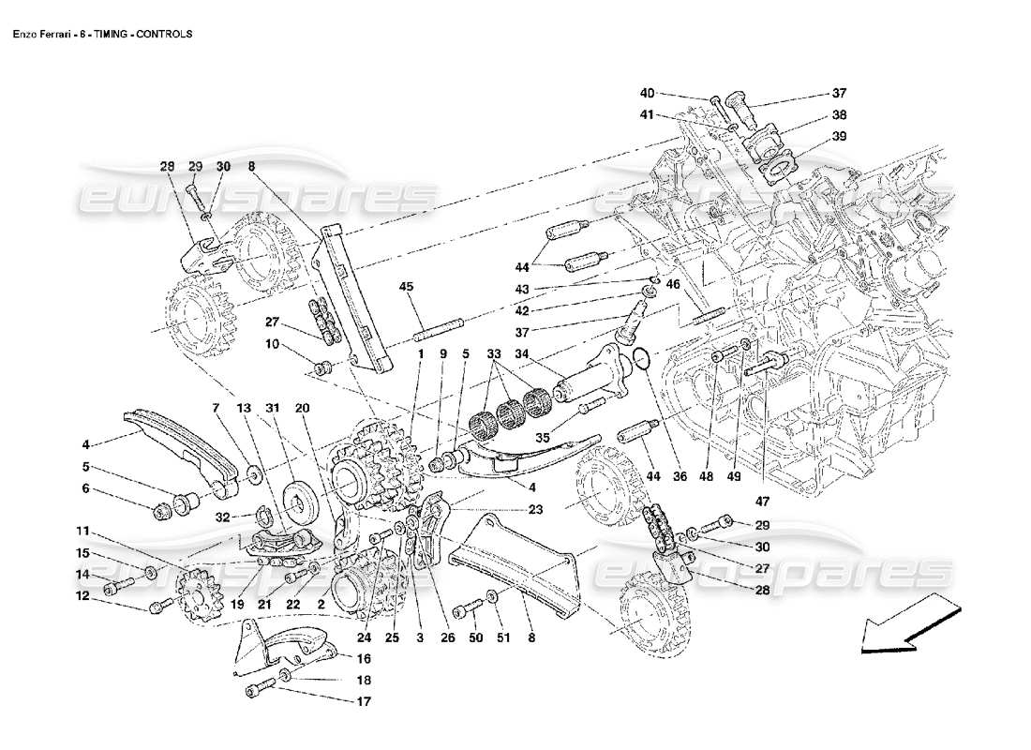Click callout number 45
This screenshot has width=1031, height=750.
(x=406, y=287)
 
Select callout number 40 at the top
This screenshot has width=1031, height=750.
(x=648, y=93)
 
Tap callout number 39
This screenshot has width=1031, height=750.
(x=838, y=138)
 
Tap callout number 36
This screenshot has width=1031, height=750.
(x=680, y=477)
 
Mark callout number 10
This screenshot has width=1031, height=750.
(x=271, y=344)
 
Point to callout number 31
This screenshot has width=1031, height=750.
(x=273, y=409)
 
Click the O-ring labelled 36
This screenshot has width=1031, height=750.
(x=640, y=357)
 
